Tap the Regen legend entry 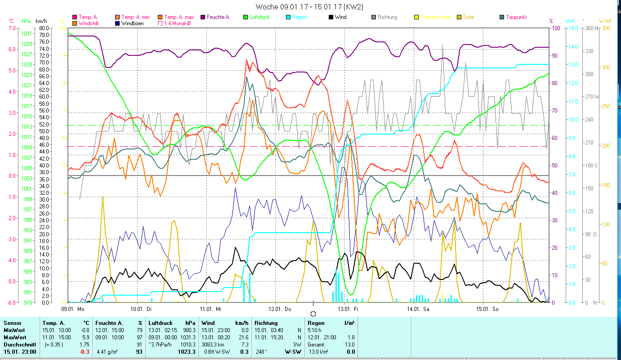click(x=299, y=17)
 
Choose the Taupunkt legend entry click(x=516, y=17)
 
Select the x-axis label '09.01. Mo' click(x=73, y=309)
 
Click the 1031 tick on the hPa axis click(x=27, y=34)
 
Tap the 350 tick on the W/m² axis click(x=606, y=28)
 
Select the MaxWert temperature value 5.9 click(x=85, y=337)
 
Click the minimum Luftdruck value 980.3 click(x=190, y=330)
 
